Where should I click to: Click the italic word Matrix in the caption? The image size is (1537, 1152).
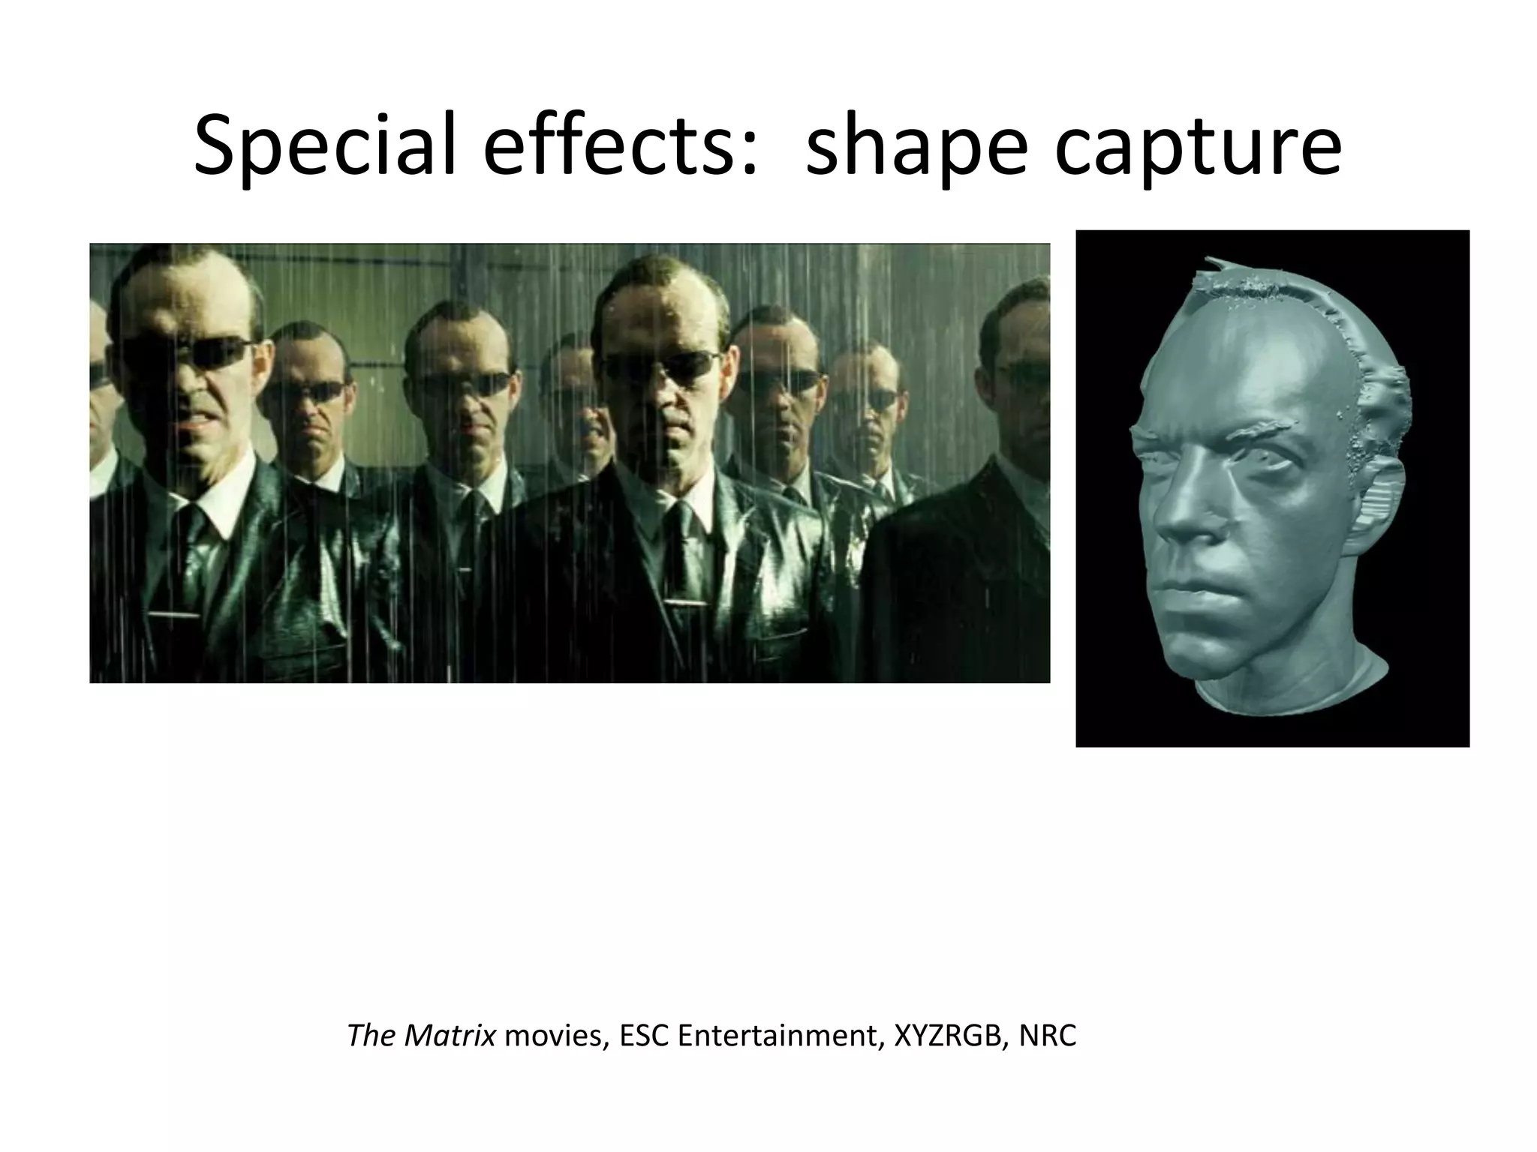tap(450, 1036)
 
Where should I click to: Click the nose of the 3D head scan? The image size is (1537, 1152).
tap(1186, 517)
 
